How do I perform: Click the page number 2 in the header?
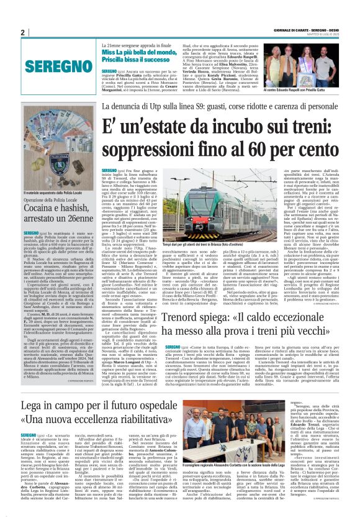tap(22, 32)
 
